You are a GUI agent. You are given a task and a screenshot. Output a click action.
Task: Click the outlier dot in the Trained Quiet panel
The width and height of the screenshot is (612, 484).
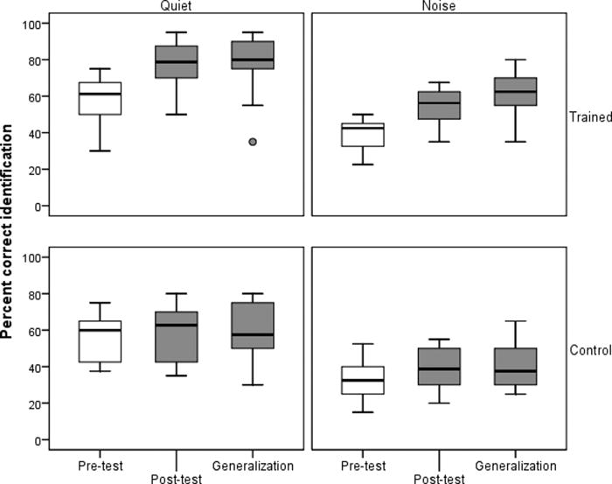253,142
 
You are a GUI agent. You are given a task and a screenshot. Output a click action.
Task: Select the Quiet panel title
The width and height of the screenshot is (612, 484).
176,5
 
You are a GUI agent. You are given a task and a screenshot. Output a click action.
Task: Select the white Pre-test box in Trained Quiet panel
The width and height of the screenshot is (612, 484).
100,98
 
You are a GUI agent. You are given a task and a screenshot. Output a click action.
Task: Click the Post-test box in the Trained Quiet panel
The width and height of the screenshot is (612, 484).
176,61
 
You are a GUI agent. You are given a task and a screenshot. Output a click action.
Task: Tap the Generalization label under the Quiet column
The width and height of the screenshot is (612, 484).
253,466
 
